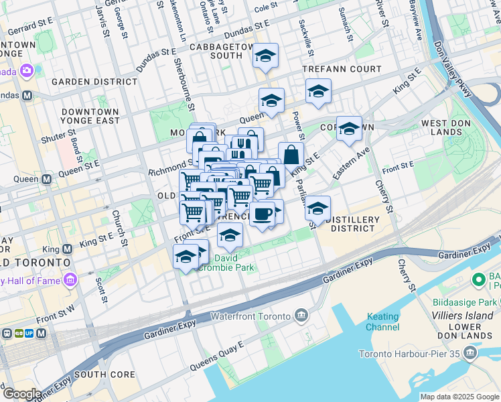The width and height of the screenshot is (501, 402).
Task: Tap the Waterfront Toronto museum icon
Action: click(301, 316)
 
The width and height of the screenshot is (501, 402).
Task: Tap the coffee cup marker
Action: click(263, 214)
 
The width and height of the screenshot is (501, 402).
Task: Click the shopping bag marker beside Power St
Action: click(291, 155)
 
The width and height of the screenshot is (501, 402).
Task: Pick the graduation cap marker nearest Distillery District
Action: click(317, 209)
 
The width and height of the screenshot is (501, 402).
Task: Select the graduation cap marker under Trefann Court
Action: click(317, 92)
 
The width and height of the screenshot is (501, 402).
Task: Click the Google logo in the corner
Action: click(22, 394)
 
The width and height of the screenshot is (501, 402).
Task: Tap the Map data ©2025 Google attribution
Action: click(459, 397)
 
